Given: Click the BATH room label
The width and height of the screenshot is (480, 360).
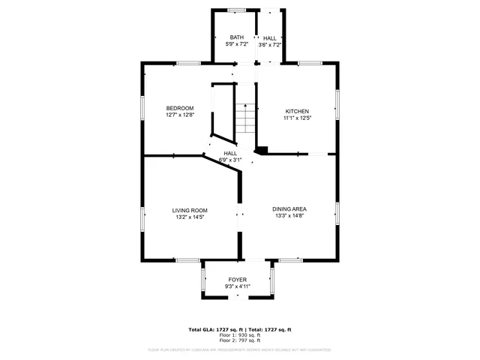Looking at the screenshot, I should (237, 37).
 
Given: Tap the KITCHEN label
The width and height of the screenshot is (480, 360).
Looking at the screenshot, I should (297, 111).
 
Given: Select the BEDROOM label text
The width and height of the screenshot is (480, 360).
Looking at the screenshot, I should (180, 108).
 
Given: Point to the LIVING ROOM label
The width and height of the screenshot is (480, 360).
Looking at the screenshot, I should (190, 210).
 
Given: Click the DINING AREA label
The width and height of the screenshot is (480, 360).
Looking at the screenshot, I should (289, 208).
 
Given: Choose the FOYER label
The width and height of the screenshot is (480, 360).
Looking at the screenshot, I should (237, 280).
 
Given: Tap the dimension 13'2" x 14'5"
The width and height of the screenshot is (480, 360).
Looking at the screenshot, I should (190, 217).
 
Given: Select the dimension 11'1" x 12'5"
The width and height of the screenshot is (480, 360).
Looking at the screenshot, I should (297, 118).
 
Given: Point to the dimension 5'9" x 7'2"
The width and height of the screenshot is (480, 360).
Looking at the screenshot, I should (237, 44).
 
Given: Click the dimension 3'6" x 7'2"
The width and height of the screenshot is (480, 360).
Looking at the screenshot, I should (269, 44).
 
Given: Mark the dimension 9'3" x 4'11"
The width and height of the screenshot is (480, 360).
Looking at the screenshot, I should (237, 286).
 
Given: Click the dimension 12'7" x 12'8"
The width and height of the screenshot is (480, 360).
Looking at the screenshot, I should (180, 115).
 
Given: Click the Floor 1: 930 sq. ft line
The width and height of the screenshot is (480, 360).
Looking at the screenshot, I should (239, 334).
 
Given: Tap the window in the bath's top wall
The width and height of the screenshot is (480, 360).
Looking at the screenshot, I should (237, 10).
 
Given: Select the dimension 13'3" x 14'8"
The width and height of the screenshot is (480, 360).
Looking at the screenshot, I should (289, 216).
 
